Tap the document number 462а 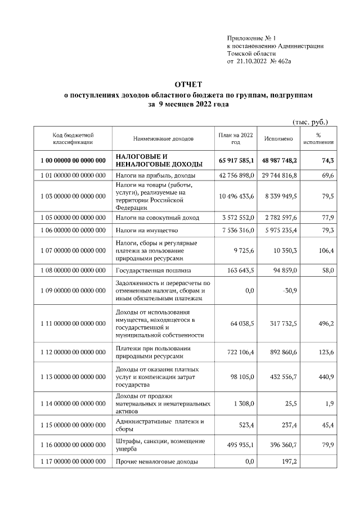[296, 61]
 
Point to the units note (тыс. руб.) [310, 121]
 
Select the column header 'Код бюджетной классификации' [73, 139]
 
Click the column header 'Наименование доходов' [163, 139]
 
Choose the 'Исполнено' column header [280, 139]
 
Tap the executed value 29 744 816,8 [280, 176]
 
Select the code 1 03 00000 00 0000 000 [73, 196]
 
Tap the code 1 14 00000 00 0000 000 [73, 404]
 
